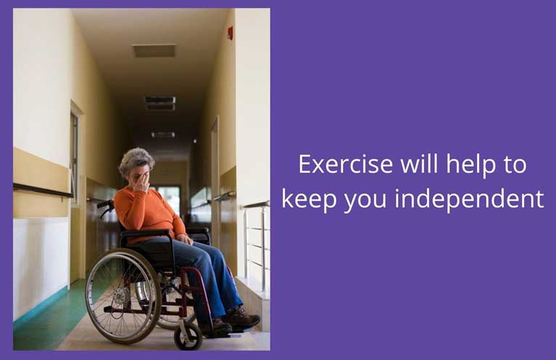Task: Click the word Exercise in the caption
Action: (346, 164)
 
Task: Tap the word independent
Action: (469, 198)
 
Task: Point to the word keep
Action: (310, 200)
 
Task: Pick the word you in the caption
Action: (365, 202)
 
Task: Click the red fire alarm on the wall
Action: (230, 33)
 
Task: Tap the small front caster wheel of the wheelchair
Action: (188, 336)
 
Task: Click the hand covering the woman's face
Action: (141, 182)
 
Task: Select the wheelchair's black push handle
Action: (105, 204)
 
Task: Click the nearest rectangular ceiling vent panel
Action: (154, 51)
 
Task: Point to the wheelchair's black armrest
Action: (147, 233)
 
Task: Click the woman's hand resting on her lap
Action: (185, 239)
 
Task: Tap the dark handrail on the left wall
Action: (43, 191)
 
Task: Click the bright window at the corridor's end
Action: (169, 198)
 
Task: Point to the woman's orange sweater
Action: (149, 214)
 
